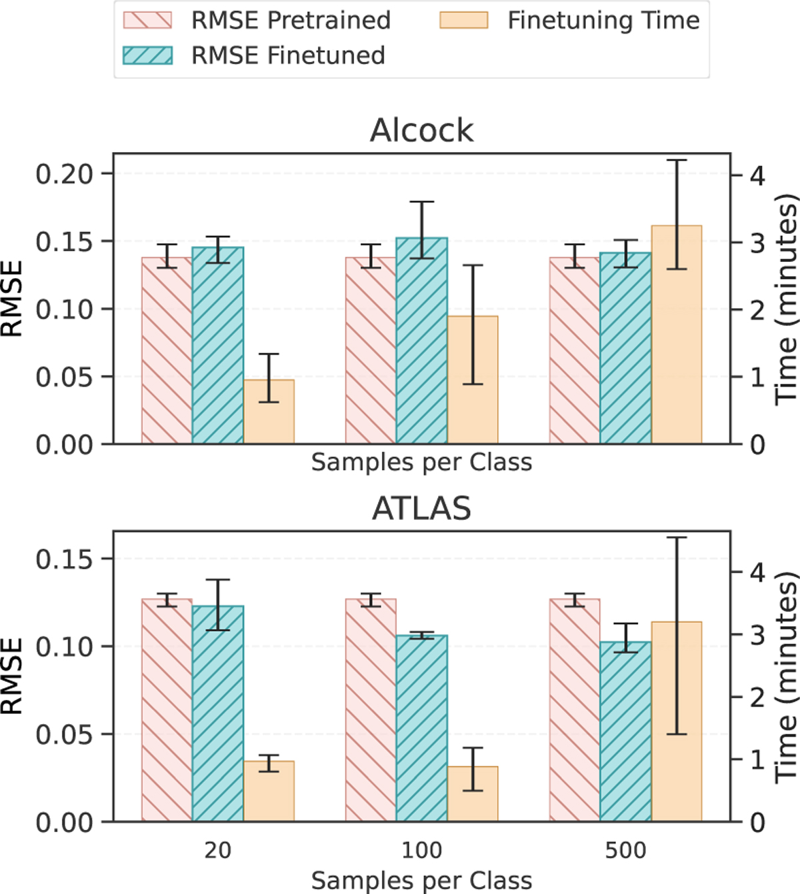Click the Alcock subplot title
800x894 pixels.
point(421,130)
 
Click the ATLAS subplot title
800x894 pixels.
point(421,509)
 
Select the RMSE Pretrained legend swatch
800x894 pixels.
point(147,20)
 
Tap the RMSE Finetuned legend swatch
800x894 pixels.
point(147,55)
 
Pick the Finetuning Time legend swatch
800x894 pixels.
point(463,20)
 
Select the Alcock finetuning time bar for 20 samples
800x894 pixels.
point(269,411)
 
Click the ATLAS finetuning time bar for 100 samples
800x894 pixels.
point(473,793)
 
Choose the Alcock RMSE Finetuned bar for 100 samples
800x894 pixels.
point(421,341)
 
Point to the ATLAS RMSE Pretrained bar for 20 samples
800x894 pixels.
point(167,710)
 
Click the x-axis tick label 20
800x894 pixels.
point(217,850)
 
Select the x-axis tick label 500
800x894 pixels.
point(625,850)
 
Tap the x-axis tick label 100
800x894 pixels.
point(421,850)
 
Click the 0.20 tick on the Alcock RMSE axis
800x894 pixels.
point(64,174)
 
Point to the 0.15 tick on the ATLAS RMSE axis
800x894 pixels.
point(64,559)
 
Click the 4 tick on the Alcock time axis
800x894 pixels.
point(757,176)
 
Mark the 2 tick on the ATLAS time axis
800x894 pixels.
point(757,697)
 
